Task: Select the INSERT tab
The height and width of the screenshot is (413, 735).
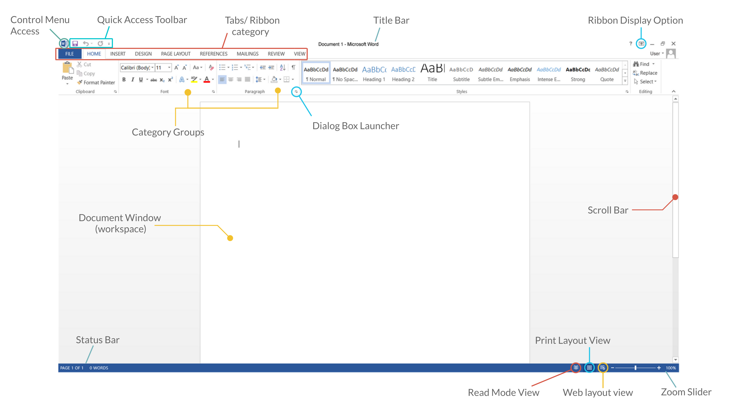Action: coord(118,54)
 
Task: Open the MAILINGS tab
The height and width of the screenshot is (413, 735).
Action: coord(247,54)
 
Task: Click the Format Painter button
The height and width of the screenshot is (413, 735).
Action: coord(96,82)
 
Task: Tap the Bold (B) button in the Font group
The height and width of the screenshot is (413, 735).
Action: coord(124,80)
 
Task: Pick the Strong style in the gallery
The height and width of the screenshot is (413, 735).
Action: coord(578,73)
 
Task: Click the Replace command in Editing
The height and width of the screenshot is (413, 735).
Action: coord(645,73)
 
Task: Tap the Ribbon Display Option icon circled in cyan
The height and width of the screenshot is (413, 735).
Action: coord(641,44)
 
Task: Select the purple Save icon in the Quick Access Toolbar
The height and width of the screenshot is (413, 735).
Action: coord(75,43)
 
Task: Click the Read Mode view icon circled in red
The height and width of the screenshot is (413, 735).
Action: coord(576,368)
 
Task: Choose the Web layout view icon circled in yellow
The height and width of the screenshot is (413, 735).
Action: coord(603,368)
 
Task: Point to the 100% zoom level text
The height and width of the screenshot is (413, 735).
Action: coord(671,368)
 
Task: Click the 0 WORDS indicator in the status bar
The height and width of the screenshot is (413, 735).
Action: coord(99,368)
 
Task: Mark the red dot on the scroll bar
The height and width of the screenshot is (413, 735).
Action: coord(675,197)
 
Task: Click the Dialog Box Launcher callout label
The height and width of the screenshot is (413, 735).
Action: coord(355,126)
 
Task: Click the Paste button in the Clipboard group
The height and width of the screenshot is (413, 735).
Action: coord(67,73)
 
